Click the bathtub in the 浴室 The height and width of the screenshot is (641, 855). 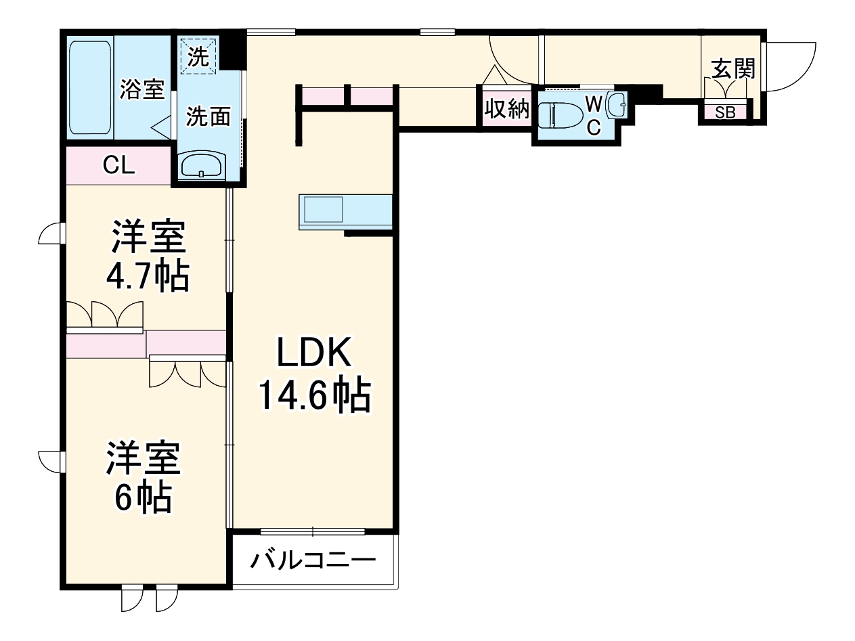coord(90,87)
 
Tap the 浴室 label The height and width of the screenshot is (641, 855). coord(142,89)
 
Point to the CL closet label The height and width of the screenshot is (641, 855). coord(118,165)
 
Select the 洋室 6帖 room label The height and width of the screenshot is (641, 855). coord(142,478)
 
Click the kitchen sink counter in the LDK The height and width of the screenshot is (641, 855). coord(345,212)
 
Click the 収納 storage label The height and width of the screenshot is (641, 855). coord(506,108)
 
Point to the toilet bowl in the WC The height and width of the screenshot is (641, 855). coord(559,114)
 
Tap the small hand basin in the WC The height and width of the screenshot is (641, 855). coord(617,105)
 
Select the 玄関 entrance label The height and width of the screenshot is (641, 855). coord(733,68)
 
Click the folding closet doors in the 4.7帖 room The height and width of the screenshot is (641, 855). coord(106,315)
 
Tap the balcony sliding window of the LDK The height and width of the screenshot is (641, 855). coord(312,531)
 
